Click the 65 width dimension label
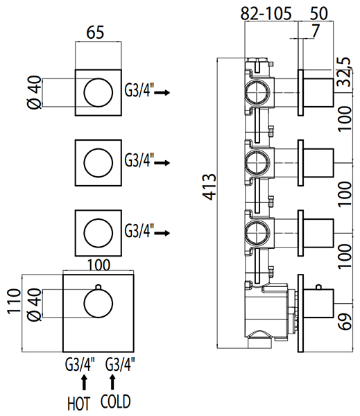click(95, 33)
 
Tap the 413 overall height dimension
click(209, 187)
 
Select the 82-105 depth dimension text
click(266, 13)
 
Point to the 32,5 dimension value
click(345, 71)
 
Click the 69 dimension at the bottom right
click(345, 322)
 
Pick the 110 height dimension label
click(14, 302)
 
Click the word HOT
click(79, 404)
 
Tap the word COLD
click(116, 401)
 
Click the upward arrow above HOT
click(84, 382)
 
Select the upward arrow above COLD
click(112, 382)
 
